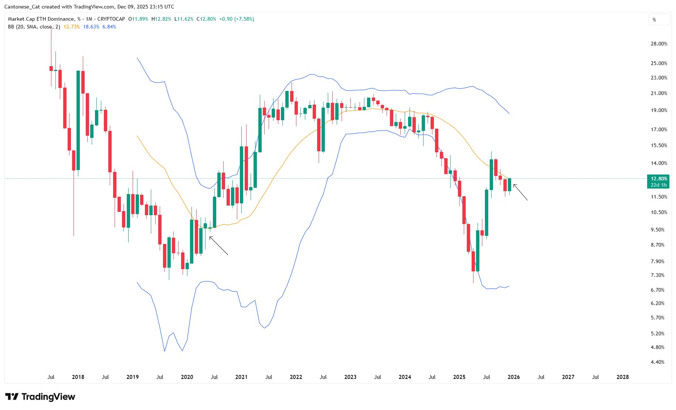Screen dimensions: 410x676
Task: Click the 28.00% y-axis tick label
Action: click(x=659, y=44)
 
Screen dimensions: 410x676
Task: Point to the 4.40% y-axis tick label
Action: click(x=657, y=362)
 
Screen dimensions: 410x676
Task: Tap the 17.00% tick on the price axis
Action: click(x=659, y=129)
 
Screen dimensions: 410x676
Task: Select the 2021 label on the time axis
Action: click(x=241, y=377)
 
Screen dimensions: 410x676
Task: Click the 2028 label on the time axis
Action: click(x=622, y=377)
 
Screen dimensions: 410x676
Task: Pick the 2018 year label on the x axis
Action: click(x=78, y=377)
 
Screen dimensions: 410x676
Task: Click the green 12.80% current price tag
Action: click(x=659, y=179)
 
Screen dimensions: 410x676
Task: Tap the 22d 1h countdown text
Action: click(x=659, y=185)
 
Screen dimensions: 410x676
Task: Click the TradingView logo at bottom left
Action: click(x=40, y=397)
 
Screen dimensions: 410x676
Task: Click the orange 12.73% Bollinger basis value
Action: click(x=71, y=27)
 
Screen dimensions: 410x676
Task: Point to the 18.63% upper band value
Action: click(x=91, y=27)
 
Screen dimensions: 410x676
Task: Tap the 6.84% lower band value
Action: click(x=109, y=27)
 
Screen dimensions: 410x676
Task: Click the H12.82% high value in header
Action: click(x=161, y=19)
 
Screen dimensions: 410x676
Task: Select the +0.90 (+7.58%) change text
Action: click(x=237, y=19)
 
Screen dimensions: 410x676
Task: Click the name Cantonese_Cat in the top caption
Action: click(x=21, y=7)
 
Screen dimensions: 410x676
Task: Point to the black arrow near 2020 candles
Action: click(x=219, y=246)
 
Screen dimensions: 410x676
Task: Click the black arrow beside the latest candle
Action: click(x=520, y=192)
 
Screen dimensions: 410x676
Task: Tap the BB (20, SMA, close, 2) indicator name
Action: click(x=34, y=27)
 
